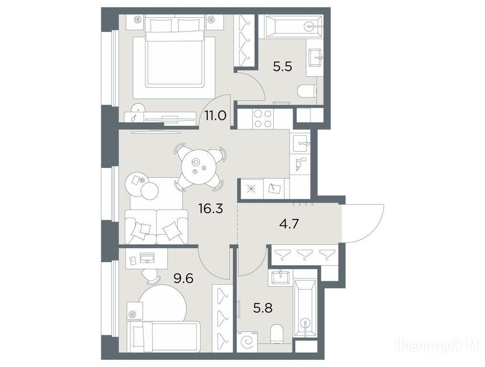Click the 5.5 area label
pyautogui.click(x=282, y=66)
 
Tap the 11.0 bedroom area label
pyautogui.click(x=216, y=116)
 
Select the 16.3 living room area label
pyautogui.click(x=211, y=209)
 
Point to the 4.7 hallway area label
pyautogui.click(x=289, y=224)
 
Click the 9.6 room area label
pyautogui.click(x=183, y=279)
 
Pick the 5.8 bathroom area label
pyautogui.click(x=263, y=308)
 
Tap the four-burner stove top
pyautogui.click(x=263, y=119)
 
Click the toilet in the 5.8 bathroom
pyautogui.click(x=276, y=334)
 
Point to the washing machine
pyautogui.click(x=247, y=342)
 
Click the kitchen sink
pyautogui.click(x=300, y=143)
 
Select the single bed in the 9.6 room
pyautogui.click(x=163, y=337)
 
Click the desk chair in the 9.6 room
pyautogui.click(x=151, y=276)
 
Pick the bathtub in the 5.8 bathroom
pyautogui.click(x=305, y=308)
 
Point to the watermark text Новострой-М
pyautogui.click(x=437, y=344)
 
